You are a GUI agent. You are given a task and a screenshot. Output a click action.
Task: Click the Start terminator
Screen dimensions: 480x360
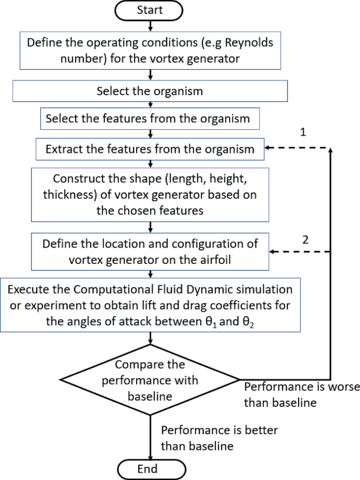(x=151, y=10)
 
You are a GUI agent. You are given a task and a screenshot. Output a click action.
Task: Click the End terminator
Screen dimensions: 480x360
(x=151, y=468)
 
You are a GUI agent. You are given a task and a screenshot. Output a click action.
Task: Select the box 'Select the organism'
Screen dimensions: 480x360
(x=150, y=91)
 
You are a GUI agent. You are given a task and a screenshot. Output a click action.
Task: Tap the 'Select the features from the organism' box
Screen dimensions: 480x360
(x=150, y=119)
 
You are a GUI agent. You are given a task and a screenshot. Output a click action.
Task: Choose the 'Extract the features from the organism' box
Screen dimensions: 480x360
(x=150, y=149)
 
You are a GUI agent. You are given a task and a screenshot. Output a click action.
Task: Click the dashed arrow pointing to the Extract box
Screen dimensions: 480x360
(x=297, y=149)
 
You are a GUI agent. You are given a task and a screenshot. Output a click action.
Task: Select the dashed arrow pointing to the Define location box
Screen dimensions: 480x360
(x=297, y=252)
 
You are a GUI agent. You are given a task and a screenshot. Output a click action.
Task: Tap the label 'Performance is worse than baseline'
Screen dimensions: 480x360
(x=302, y=394)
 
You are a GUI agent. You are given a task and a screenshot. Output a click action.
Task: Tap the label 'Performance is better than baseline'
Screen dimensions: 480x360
(x=219, y=437)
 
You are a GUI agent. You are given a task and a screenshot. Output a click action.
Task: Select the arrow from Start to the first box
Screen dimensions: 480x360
(x=151, y=25)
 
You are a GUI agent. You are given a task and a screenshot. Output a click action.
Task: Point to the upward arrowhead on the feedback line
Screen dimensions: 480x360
(x=331, y=151)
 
